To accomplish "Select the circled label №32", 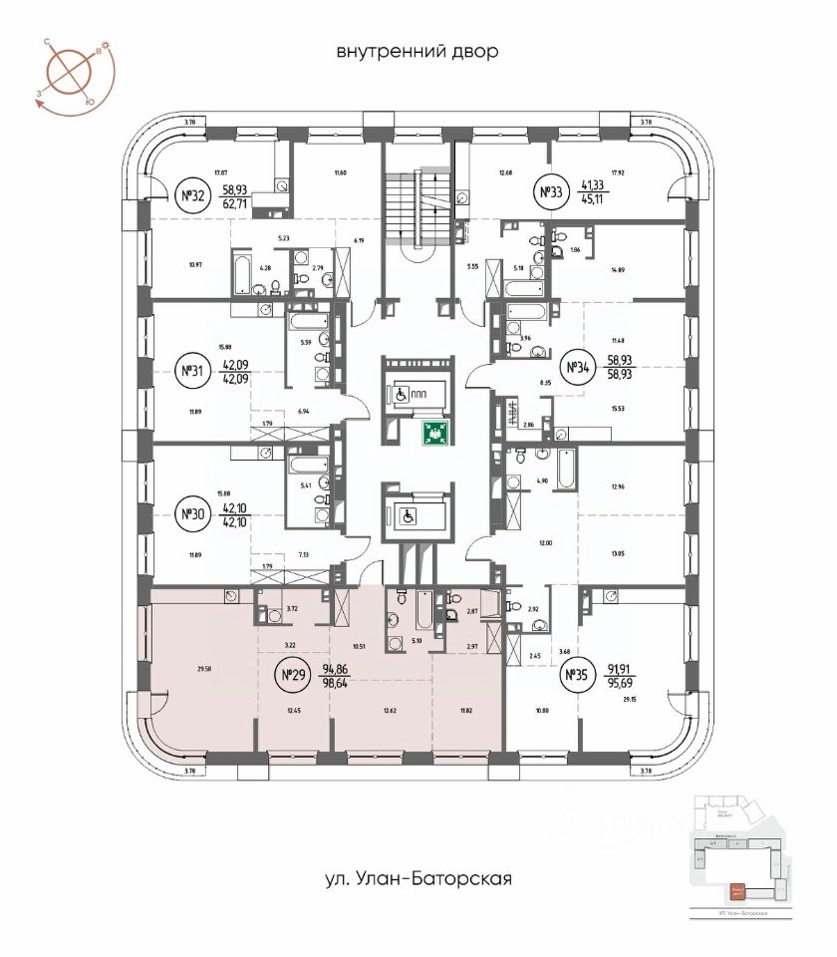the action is (x=192, y=195).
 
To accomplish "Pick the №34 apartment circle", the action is (x=577, y=369).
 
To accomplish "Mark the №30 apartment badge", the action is (x=192, y=515).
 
